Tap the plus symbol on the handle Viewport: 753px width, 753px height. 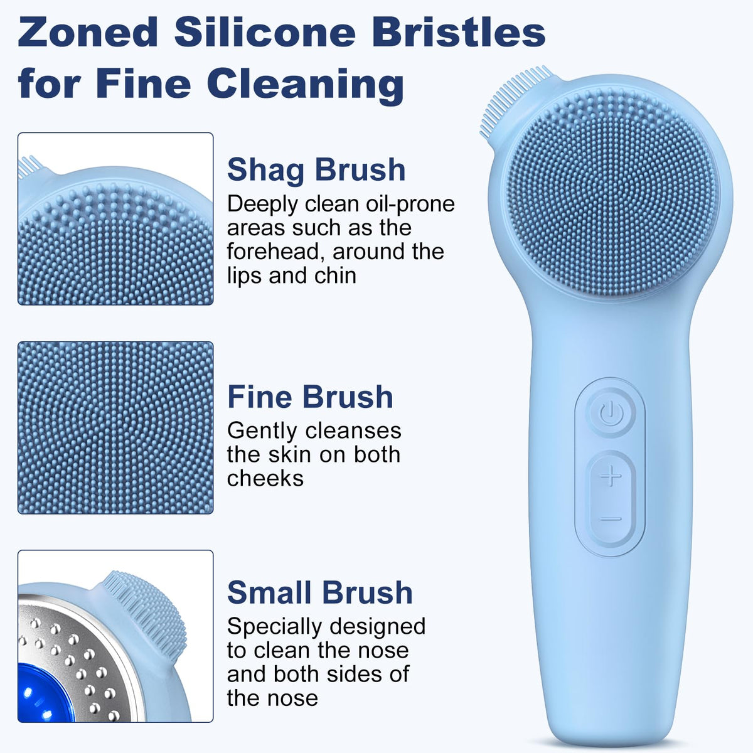pyautogui.click(x=611, y=477)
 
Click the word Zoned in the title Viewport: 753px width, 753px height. pyautogui.click(x=88, y=32)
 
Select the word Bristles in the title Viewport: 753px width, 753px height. pyautogui.click(x=458, y=32)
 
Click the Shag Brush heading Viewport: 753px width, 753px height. pyautogui.click(x=316, y=171)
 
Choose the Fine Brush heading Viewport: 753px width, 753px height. pyautogui.click(x=310, y=397)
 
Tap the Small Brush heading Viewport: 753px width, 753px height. pyautogui.click(x=319, y=592)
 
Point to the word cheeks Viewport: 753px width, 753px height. pyautogui.click(x=265, y=478)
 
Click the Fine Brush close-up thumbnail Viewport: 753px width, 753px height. pyautogui.click(x=115, y=428)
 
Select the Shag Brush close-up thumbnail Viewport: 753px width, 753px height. pyautogui.click(x=115, y=219)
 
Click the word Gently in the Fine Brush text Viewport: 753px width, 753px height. pyautogui.click(x=262, y=431)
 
